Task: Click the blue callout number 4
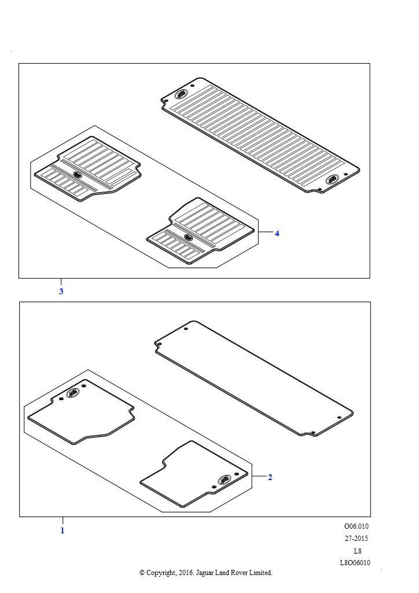(277, 234)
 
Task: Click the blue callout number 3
(61, 292)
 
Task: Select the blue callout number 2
(270, 477)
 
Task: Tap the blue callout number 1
(63, 530)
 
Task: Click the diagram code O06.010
(356, 526)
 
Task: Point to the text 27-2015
(356, 538)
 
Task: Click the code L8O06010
(355, 563)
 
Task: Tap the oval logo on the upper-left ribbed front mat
(77, 175)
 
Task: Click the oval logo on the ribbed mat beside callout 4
(189, 237)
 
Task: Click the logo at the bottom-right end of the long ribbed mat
(332, 180)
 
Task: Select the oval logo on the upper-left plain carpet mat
(73, 393)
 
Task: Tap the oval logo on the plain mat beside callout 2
(224, 480)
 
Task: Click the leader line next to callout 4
(266, 232)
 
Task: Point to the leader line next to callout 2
(259, 476)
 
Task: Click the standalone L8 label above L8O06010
(358, 551)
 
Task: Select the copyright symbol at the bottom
(142, 573)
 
